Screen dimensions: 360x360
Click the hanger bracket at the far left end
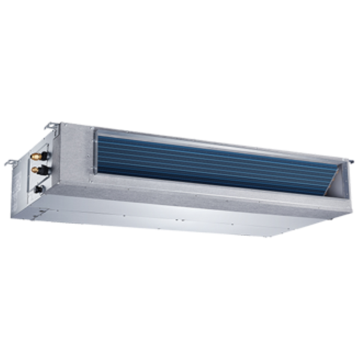(x=10, y=162)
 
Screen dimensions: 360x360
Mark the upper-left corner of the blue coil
(x=96, y=131)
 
